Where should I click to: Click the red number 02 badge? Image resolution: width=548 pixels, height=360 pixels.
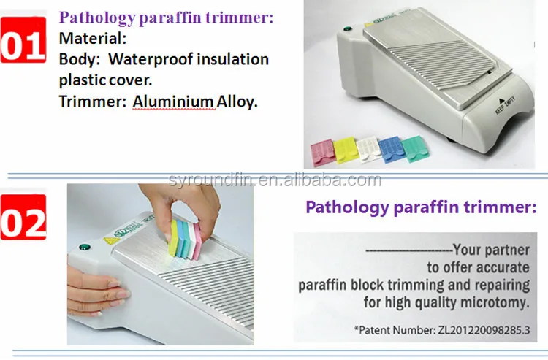pyautogui.click(x=23, y=217)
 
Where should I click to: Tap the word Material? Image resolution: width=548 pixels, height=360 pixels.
pyautogui.click(x=92, y=38)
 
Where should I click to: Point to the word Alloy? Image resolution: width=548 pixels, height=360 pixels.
pyautogui.click(x=237, y=102)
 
